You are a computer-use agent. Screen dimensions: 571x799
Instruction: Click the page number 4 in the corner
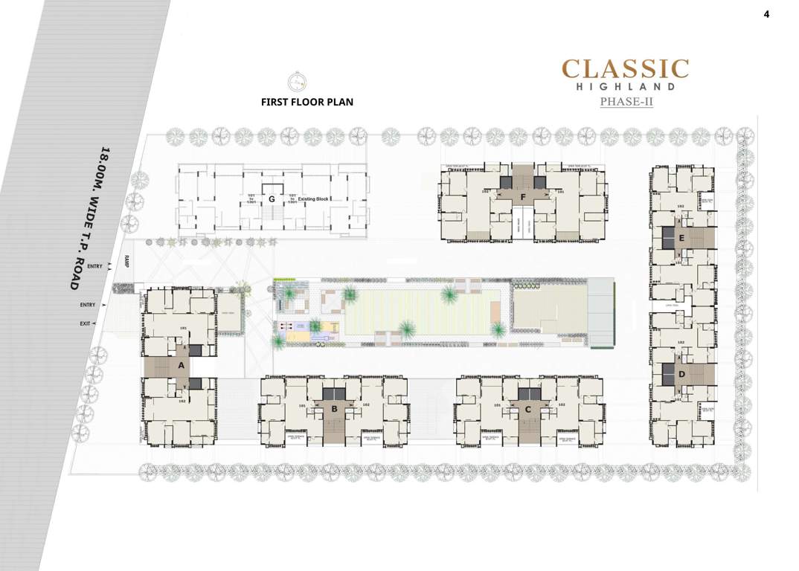(x=766, y=13)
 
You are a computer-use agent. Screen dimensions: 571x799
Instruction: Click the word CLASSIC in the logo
(x=625, y=69)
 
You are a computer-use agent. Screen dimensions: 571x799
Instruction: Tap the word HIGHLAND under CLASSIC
(x=625, y=87)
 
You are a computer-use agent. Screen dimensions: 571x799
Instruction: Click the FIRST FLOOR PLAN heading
(x=307, y=102)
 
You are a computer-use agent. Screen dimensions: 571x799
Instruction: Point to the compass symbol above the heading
(x=297, y=82)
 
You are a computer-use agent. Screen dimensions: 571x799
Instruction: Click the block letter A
(x=180, y=365)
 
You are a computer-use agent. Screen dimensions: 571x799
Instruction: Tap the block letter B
(x=335, y=409)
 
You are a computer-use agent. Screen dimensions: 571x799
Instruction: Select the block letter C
(x=528, y=409)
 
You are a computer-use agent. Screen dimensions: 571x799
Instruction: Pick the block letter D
(x=681, y=374)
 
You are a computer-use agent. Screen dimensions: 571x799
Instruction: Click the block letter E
(x=681, y=238)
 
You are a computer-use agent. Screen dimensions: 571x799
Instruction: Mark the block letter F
(x=524, y=197)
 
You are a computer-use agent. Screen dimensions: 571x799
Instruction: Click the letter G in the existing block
(x=272, y=199)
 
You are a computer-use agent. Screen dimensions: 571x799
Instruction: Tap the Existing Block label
(x=313, y=199)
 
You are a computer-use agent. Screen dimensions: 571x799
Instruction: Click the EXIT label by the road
(x=85, y=323)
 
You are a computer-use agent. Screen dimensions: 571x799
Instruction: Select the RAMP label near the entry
(x=127, y=260)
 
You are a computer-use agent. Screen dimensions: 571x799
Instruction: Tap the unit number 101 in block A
(x=183, y=328)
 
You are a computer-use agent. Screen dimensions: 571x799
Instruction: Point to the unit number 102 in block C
(x=562, y=405)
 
